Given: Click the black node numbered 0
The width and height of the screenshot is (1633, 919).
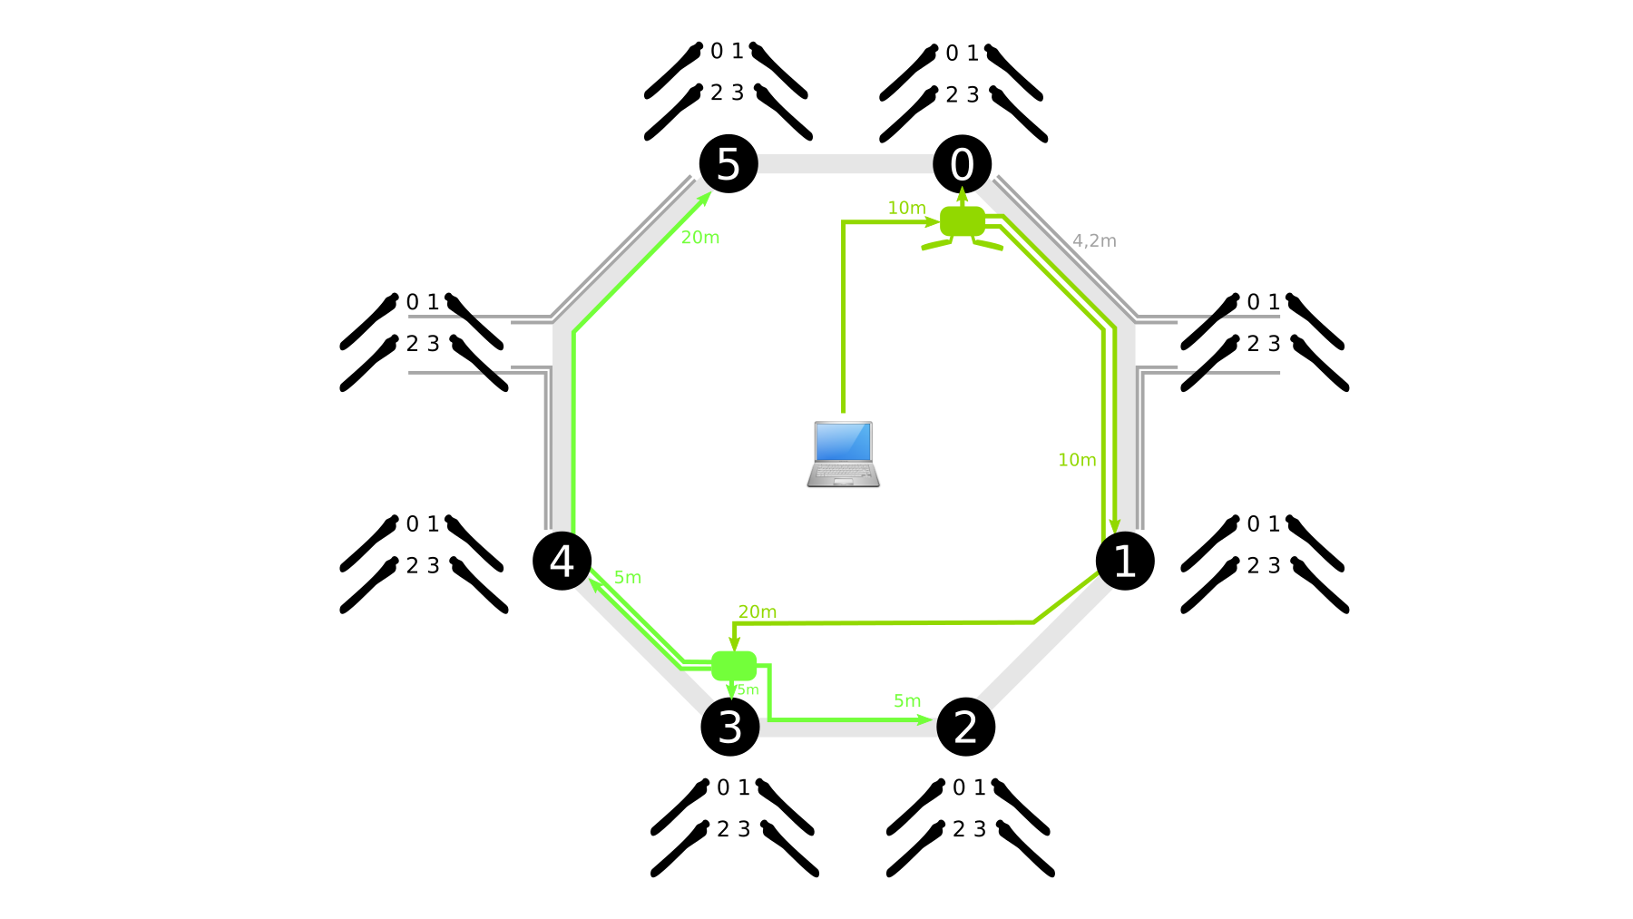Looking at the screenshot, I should pyautogui.click(x=962, y=164).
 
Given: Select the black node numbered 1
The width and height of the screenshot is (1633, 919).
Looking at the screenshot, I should pyautogui.click(x=1125, y=561).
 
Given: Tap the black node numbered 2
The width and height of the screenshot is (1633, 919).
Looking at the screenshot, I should pyautogui.click(x=965, y=727).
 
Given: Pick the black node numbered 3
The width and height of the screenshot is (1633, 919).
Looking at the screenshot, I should pyautogui.click(x=730, y=727).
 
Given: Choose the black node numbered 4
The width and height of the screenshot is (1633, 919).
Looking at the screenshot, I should pyautogui.click(x=562, y=561).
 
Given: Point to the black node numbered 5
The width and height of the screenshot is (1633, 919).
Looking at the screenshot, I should pyautogui.click(x=728, y=164).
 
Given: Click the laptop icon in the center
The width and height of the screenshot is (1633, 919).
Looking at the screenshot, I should pyautogui.click(x=844, y=454).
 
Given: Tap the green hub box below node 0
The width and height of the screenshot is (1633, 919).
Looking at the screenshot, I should pyautogui.click(x=963, y=221).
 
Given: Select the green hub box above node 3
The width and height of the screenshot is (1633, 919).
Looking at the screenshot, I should pyautogui.click(x=734, y=666).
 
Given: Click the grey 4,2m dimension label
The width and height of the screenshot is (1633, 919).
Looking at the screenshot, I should pyautogui.click(x=1094, y=240).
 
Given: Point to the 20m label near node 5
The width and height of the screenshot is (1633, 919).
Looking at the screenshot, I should pyautogui.click(x=700, y=238).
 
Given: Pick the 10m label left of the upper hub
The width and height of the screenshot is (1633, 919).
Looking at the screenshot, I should pyautogui.click(x=906, y=208).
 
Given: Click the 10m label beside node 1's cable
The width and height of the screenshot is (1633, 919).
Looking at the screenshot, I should pyautogui.click(x=1077, y=460).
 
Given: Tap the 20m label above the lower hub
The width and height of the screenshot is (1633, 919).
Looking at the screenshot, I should pyautogui.click(x=758, y=611).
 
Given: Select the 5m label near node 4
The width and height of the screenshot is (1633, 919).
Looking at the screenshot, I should pyautogui.click(x=628, y=577).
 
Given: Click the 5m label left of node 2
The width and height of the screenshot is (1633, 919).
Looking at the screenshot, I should pyautogui.click(x=907, y=700).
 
